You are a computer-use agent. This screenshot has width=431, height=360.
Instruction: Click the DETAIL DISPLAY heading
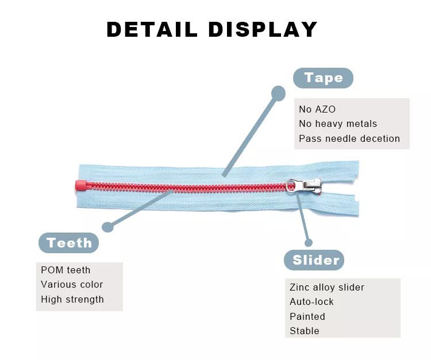(x=212, y=29)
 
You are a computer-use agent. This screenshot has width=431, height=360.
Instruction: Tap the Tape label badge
(x=323, y=78)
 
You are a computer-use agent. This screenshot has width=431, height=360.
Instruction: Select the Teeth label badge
(x=69, y=243)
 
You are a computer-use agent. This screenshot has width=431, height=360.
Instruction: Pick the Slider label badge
(x=315, y=260)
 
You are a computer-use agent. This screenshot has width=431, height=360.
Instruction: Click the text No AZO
(x=317, y=109)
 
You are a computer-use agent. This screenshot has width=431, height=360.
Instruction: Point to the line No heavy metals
(x=338, y=123)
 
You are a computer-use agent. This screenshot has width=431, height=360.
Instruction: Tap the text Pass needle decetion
(x=349, y=138)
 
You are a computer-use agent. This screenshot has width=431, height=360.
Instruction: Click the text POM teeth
(x=66, y=270)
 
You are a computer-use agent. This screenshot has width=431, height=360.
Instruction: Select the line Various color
(x=72, y=284)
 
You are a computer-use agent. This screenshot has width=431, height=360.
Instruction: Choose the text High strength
(x=72, y=299)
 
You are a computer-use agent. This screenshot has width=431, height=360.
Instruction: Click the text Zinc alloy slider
(x=327, y=287)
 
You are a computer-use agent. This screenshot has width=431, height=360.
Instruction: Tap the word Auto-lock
(x=311, y=301)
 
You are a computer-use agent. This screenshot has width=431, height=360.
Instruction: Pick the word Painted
(x=307, y=316)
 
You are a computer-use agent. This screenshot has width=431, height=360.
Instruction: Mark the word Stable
(x=305, y=331)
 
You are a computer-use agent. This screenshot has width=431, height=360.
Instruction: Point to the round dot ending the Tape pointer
(x=278, y=93)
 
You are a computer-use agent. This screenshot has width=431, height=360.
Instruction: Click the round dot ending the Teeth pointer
(x=107, y=226)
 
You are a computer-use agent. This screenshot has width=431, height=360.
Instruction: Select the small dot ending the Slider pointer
(x=309, y=242)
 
